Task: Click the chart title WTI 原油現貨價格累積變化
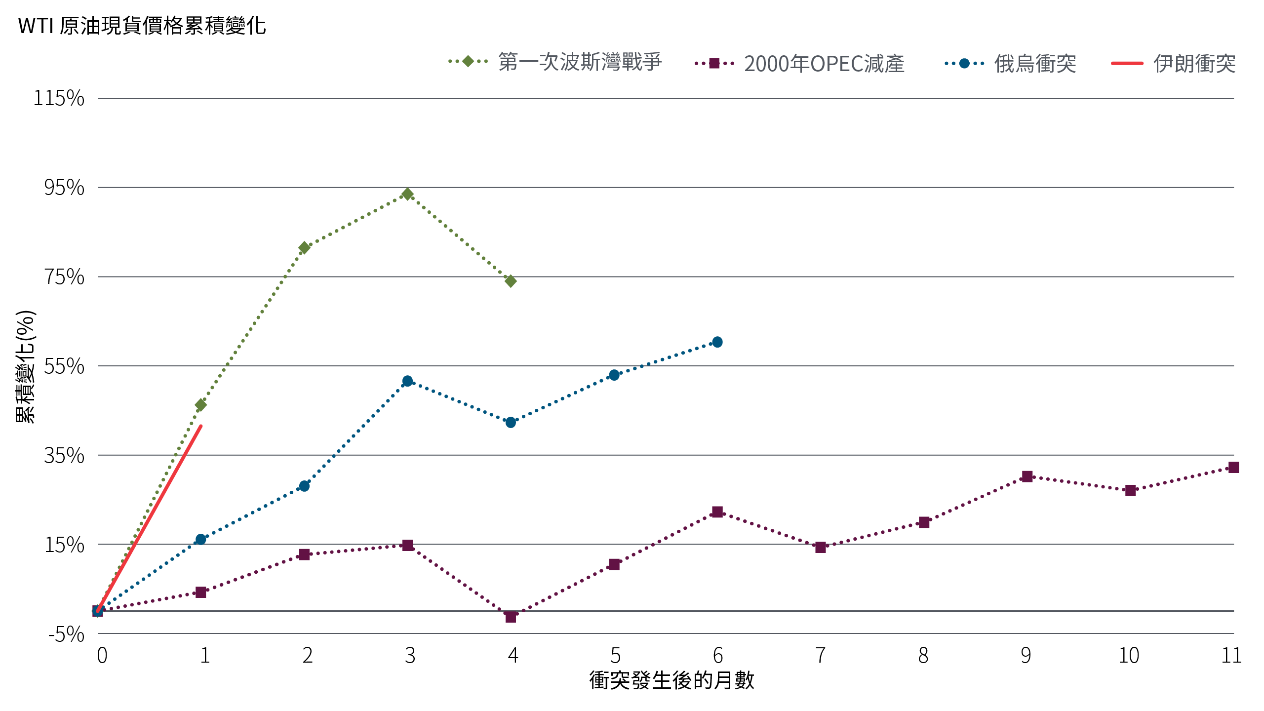(142, 26)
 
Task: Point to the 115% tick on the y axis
(59, 99)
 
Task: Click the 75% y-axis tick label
(64, 277)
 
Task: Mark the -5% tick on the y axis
(66, 634)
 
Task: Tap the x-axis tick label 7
(820, 656)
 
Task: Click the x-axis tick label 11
(1231, 656)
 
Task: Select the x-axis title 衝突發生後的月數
(671, 680)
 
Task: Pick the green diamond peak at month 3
(407, 194)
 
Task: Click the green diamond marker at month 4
(511, 281)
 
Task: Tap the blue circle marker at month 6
(717, 342)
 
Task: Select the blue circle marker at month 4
(511, 423)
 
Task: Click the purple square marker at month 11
(1233, 467)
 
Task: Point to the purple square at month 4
(511, 617)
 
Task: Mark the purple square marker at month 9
(1027, 476)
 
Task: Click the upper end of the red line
(200, 426)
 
